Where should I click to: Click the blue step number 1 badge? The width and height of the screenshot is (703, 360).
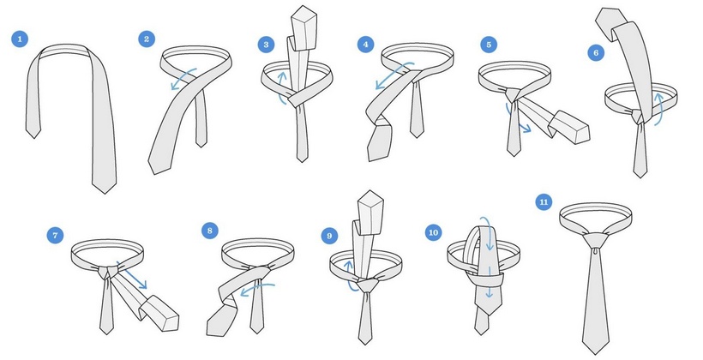(x=20, y=39)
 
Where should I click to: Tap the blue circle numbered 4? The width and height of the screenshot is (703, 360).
(x=366, y=45)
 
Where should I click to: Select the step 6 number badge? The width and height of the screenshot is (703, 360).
(x=596, y=53)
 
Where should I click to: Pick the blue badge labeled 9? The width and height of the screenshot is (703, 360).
(x=329, y=237)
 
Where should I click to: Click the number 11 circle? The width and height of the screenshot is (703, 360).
(x=544, y=202)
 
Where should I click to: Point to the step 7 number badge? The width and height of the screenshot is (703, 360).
(x=55, y=236)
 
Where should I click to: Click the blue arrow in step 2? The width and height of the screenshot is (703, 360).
(x=183, y=78)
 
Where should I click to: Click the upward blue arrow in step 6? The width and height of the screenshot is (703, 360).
(x=658, y=109)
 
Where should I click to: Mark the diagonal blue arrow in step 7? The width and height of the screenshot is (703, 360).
(x=132, y=275)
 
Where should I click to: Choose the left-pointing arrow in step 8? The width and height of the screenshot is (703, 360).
(x=257, y=289)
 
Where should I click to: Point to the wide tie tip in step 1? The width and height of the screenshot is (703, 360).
(x=105, y=189)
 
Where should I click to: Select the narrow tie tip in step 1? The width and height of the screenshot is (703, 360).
(x=33, y=134)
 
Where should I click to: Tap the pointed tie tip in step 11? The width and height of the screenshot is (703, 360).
(x=596, y=348)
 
